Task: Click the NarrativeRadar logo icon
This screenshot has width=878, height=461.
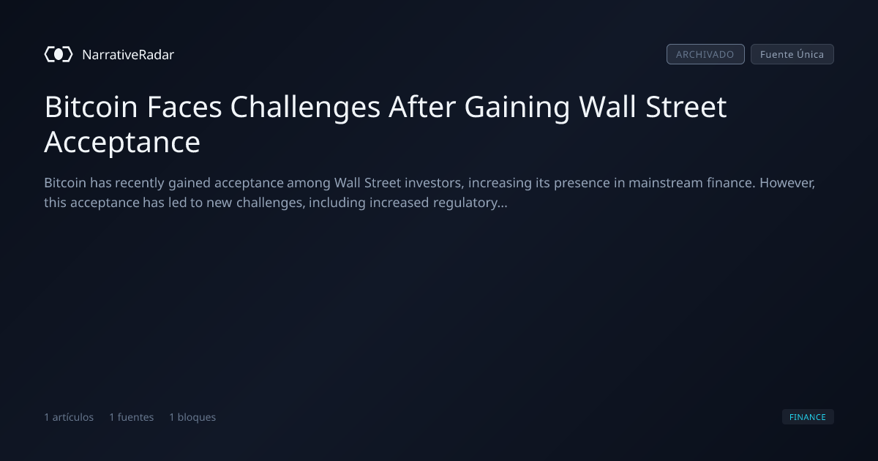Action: (x=59, y=54)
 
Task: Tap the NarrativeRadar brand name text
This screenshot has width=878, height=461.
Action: (x=128, y=54)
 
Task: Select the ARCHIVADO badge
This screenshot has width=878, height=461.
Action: (x=705, y=54)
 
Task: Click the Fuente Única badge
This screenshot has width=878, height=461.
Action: (x=792, y=54)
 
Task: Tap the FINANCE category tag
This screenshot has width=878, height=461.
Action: (x=808, y=416)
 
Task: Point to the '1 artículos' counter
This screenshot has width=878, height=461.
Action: (x=69, y=417)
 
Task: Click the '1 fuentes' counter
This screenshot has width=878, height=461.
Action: (x=131, y=417)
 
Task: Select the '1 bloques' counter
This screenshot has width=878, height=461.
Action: (x=192, y=417)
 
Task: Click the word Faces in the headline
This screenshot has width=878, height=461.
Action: (x=184, y=107)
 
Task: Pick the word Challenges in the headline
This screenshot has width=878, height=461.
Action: (x=305, y=108)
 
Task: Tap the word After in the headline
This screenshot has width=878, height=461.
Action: (x=421, y=107)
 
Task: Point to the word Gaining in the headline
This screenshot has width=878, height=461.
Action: (x=517, y=108)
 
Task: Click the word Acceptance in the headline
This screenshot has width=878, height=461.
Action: (x=122, y=143)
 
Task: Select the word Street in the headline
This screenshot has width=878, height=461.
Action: (x=686, y=107)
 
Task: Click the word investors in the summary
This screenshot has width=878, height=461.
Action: (x=435, y=183)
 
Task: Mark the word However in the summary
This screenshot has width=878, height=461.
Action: (x=787, y=183)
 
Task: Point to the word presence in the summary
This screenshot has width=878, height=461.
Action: (x=582, y=184)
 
